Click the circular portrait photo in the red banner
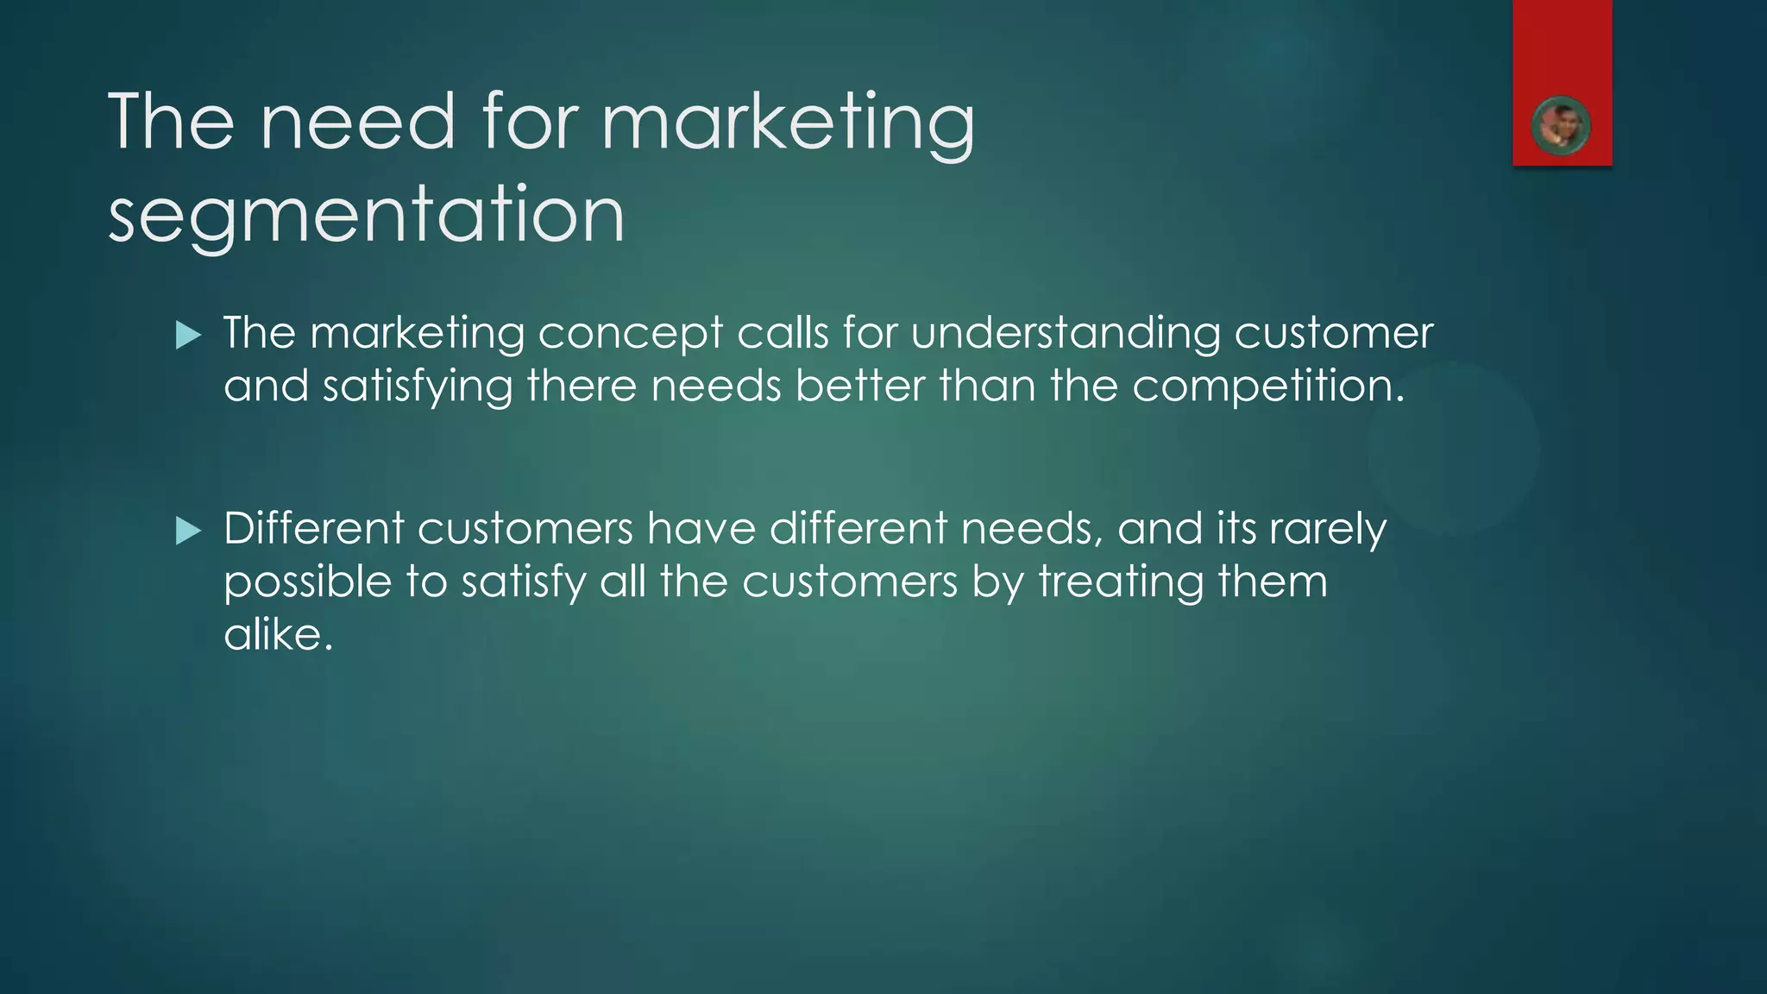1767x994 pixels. pos(1561,127)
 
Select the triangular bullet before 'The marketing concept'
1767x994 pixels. pos(187,335)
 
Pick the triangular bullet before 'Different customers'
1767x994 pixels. pos(187,531)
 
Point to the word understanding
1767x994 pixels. pos(1065,334)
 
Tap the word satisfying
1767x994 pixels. pos(418,387)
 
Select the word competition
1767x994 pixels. pos(1268,387)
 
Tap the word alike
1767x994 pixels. pos(278,635)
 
